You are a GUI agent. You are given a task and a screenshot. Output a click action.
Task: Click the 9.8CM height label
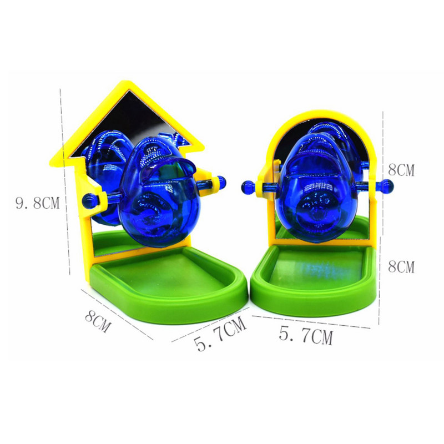click(37, 203)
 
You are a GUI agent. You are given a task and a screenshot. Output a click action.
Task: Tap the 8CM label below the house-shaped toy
click(98, 321)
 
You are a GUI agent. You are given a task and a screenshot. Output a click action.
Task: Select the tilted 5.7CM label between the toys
click(220, 334)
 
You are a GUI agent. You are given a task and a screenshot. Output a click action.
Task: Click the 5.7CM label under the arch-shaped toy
click(306, 335)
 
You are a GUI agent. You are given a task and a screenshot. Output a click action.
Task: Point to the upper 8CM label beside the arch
click(401, 170)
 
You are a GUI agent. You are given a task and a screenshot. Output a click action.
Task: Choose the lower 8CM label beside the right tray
click(401, 267)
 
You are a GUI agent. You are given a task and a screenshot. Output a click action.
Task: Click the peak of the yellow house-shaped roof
click(126, 82)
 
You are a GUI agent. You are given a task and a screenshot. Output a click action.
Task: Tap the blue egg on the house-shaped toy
click(158, 191)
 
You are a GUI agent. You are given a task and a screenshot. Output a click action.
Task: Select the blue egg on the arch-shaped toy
click(317, 187)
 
